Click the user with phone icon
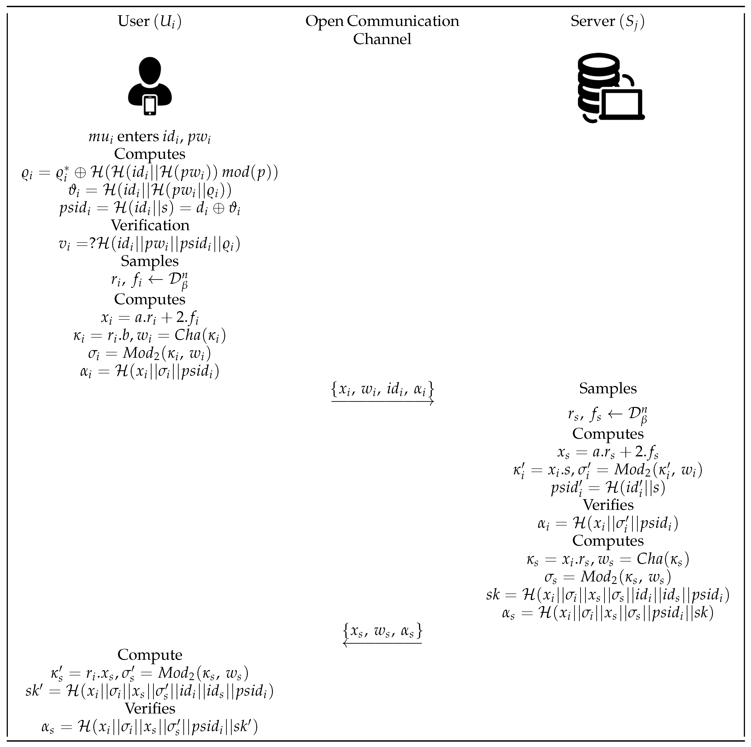point(150,86)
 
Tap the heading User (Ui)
point(150,21)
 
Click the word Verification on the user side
point(150,225)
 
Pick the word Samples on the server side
point(608,388)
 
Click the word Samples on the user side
point(150,261)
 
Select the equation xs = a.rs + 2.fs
point(608,452)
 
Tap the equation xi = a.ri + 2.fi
point(150,317)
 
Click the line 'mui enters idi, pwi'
point(150,137)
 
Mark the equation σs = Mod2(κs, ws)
point(608,577)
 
